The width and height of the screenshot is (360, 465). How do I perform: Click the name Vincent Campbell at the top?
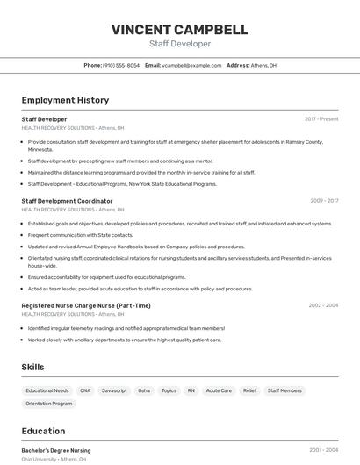[x=179, y=30]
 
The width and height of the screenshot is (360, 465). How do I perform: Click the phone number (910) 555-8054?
[x=121, y=65]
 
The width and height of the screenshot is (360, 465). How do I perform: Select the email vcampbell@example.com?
[x=191, y=65]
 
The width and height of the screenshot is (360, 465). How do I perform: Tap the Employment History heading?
[x=65, y=100]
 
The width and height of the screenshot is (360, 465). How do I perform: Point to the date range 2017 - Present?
[x=321, y=119]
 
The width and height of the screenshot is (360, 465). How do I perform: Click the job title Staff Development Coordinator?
[x=67, y=201]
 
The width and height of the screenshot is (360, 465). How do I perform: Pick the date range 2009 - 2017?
[x=324, y=201]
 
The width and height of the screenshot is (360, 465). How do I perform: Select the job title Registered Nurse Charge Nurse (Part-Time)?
[x=86, y=305]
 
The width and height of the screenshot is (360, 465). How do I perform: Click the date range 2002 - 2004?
[x=323, y=305]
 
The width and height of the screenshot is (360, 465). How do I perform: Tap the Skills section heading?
[x=32, y=367]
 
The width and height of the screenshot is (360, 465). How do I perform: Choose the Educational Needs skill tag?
[x=47, y=390]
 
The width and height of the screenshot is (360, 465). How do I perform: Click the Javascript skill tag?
[x=114, y=390]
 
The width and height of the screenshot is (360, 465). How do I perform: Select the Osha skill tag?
[x=144, y=390]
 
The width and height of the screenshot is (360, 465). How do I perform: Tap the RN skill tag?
[x=191, y=390]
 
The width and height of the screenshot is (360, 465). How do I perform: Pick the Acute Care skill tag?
[x=219, y=390]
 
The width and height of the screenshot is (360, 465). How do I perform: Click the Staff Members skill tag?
[x=284, y=390]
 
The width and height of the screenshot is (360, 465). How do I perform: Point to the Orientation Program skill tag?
[x=49, y=404]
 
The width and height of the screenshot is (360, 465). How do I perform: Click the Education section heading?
[x=43, y=431]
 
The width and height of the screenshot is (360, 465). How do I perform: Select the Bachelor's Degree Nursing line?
[x=56, y=450]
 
